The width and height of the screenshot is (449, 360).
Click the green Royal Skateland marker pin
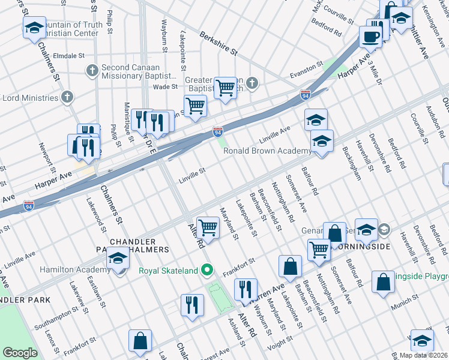(208, 271)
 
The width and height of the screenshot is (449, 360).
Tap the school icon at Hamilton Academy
(118, 259)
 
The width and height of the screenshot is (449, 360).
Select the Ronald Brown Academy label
(267, 151)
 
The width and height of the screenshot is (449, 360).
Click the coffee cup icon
(370, 37)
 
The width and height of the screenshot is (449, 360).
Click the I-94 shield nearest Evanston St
(306, 94)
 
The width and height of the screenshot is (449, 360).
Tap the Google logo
(20, 352)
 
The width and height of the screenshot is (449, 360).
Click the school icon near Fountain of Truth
(34, 28)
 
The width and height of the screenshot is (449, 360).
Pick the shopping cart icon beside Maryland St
(208, 227)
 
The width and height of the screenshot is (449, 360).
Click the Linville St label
(192, 173)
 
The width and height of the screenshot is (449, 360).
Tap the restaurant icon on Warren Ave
(245, 290)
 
